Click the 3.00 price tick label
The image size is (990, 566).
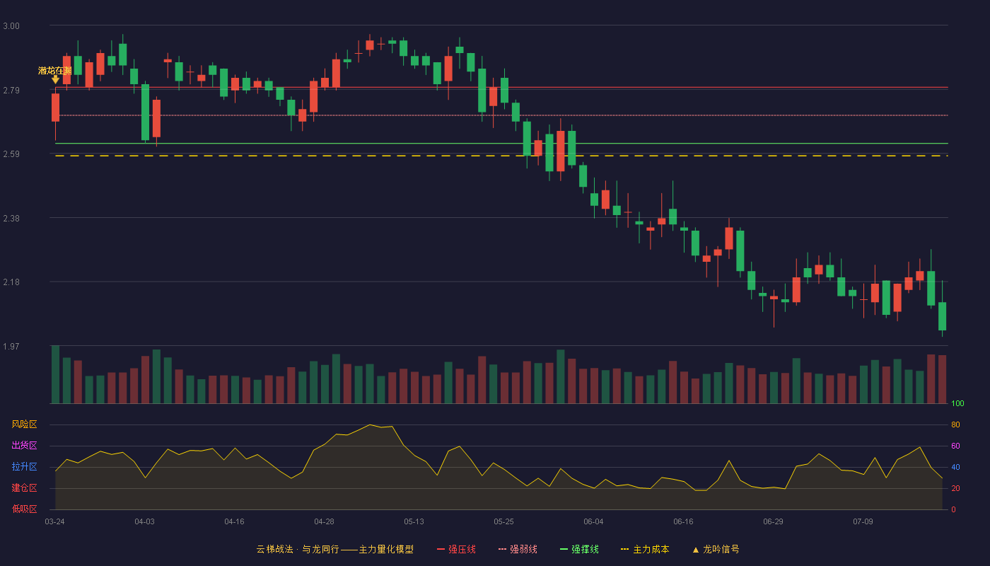click(11, 26)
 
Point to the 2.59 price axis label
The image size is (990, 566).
click(11, 154)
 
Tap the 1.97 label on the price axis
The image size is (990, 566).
click(11, 347)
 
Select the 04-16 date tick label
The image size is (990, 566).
click(234, 522)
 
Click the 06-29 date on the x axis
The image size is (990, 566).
click(773, 522)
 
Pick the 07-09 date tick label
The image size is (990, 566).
click(863, 522)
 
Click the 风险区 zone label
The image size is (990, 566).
click(24, 424)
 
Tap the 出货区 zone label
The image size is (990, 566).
click(24, 445)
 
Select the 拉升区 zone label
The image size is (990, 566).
click(24, 466)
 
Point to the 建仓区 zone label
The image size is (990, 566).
click(24, 487)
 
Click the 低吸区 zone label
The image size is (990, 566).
click(24, 509)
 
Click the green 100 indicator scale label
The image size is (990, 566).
click(957, 403)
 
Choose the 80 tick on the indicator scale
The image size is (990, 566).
click(955, 424)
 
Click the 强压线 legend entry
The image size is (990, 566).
click(456, 549)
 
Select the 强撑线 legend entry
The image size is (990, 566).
click(579, 549)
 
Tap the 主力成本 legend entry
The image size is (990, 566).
click(645, 549)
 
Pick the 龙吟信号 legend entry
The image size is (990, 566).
click(716, 549)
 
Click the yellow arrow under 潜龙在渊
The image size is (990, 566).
click(55, 79)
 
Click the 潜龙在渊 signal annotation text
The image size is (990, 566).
click(55, 71)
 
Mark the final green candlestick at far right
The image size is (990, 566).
click(942, 316)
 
